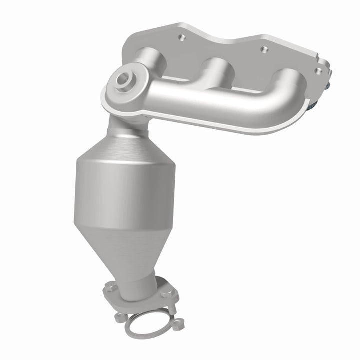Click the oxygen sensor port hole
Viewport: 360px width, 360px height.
[122, 79]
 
